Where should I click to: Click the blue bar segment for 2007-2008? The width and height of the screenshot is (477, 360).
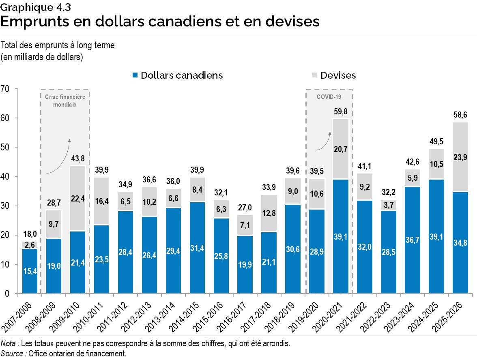click(x=30, y=271)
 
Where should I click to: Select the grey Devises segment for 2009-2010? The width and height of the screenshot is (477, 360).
click(x=77, y=199)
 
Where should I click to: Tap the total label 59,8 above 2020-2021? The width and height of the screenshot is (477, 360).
click(x=341, y=111)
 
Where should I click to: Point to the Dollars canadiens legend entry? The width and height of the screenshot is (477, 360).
click(x=178, y=75)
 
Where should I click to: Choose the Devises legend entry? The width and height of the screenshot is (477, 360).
click(x=333, y=75)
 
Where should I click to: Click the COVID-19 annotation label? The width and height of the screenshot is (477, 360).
click(x=329, y=97)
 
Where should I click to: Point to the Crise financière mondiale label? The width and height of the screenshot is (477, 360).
click(x=65, y=101)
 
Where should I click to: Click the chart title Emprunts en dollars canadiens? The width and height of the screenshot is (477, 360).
click(x=160, y=21)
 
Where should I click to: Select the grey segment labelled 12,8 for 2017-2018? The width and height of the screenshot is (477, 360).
click(x=269, y=213)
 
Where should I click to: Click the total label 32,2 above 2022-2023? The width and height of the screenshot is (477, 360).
click(x=389, y=193)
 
